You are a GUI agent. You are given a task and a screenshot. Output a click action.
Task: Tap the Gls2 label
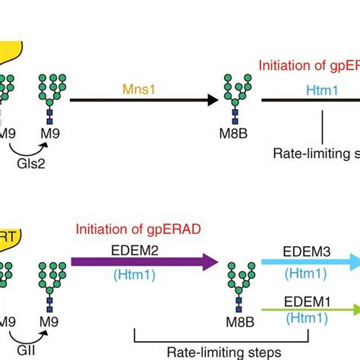pyautogui.click(x=31, y=163)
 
